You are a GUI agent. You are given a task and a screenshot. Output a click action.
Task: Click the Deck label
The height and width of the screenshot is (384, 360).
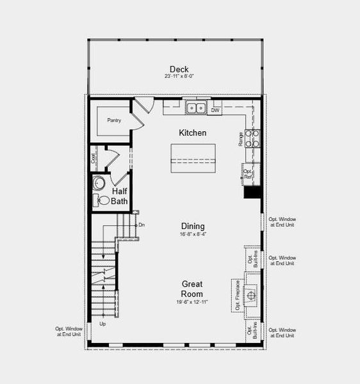coord(179,69)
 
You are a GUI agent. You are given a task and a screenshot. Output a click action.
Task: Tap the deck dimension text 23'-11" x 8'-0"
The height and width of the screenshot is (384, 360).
coord(179,76)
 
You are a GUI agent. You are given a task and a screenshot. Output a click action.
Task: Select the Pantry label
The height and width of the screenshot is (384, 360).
coord(114,120)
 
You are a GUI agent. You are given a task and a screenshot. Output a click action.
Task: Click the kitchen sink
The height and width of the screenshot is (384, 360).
coord(196,108)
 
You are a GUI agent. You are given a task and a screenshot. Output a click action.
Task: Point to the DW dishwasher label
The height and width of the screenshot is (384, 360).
coord(215,110)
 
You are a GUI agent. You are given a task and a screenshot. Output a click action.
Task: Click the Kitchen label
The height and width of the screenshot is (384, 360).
coord(192,133)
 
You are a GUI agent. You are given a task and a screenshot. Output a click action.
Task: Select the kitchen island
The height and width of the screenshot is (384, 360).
coord(193,157)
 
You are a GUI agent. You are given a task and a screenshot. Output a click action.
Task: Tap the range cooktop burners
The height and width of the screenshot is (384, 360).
coord(253,139)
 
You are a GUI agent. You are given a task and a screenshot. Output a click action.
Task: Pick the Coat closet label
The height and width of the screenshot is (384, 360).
coord(94,157)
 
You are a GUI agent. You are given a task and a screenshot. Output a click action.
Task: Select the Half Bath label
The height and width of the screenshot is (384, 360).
coord(120,196)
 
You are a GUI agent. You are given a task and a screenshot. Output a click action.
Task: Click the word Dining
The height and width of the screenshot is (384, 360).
coord(192,226)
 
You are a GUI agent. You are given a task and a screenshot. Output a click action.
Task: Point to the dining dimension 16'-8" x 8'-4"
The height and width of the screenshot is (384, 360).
coord(192,234)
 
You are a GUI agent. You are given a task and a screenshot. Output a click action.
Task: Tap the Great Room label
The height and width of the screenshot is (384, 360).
coord(192,289)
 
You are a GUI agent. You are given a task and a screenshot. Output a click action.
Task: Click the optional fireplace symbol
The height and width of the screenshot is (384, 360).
coord(250,294)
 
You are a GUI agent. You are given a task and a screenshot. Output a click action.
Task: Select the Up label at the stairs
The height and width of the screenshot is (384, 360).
coord(102,324)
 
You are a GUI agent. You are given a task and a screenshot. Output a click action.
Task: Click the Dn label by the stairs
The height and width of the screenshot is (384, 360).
coord(142,225)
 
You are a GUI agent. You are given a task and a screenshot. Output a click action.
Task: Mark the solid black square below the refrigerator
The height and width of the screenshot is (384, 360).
coord(252,192)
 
